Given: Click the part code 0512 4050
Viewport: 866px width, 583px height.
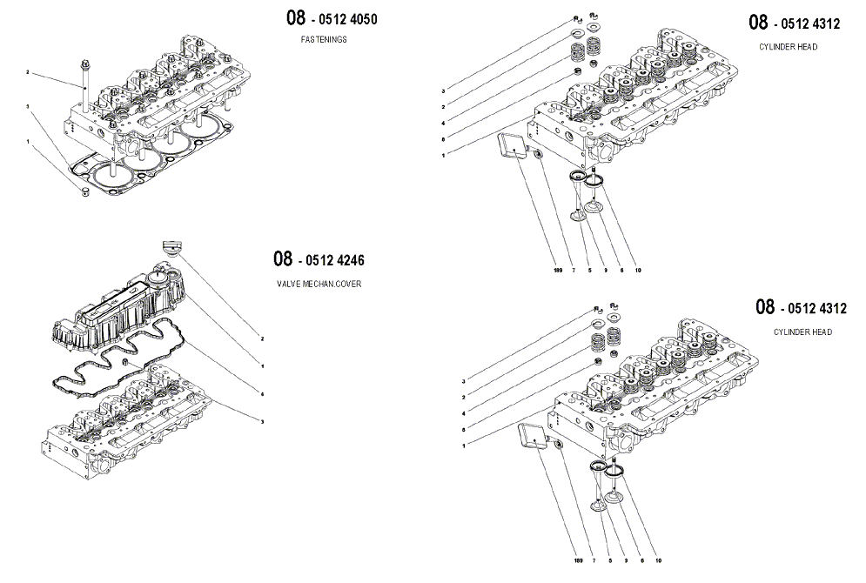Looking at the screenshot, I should tap(345, 19).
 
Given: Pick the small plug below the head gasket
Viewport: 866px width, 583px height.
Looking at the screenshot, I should tap(85, 189).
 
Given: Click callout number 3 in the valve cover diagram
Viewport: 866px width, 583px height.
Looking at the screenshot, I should tap(262, 421).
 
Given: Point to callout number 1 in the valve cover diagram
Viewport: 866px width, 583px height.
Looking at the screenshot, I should tap(262, 365).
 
